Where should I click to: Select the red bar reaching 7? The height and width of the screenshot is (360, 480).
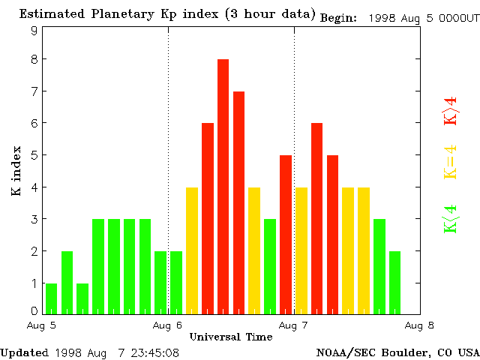pyautogui.click(x=238, y=202)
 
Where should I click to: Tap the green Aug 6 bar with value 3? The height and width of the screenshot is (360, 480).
pyautogui.click(x=270, y=265)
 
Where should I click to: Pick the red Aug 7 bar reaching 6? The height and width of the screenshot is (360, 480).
pyautogui.click(x=316, y=217)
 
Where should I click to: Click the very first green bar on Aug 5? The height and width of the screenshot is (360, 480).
pyautogui.click(x=51, y=298)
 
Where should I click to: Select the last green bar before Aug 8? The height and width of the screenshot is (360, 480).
pyautogui.click(x=394, y=282)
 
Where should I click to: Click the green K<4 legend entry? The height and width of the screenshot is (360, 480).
pyautogui.click(x=450, y=219)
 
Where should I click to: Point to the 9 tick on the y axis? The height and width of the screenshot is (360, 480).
pyautogui.click(x=34, y=31)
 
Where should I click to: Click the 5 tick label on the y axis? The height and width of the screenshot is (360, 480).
pyautogui.click(x=34, y=155)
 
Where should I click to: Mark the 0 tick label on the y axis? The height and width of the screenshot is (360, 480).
pyautogui.click(x=34, y=310)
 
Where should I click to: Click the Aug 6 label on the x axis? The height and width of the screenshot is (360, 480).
pyautogui.click(x=168, y=325)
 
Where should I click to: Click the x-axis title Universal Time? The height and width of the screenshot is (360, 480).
pyautogui.click(x=230, y=337)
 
